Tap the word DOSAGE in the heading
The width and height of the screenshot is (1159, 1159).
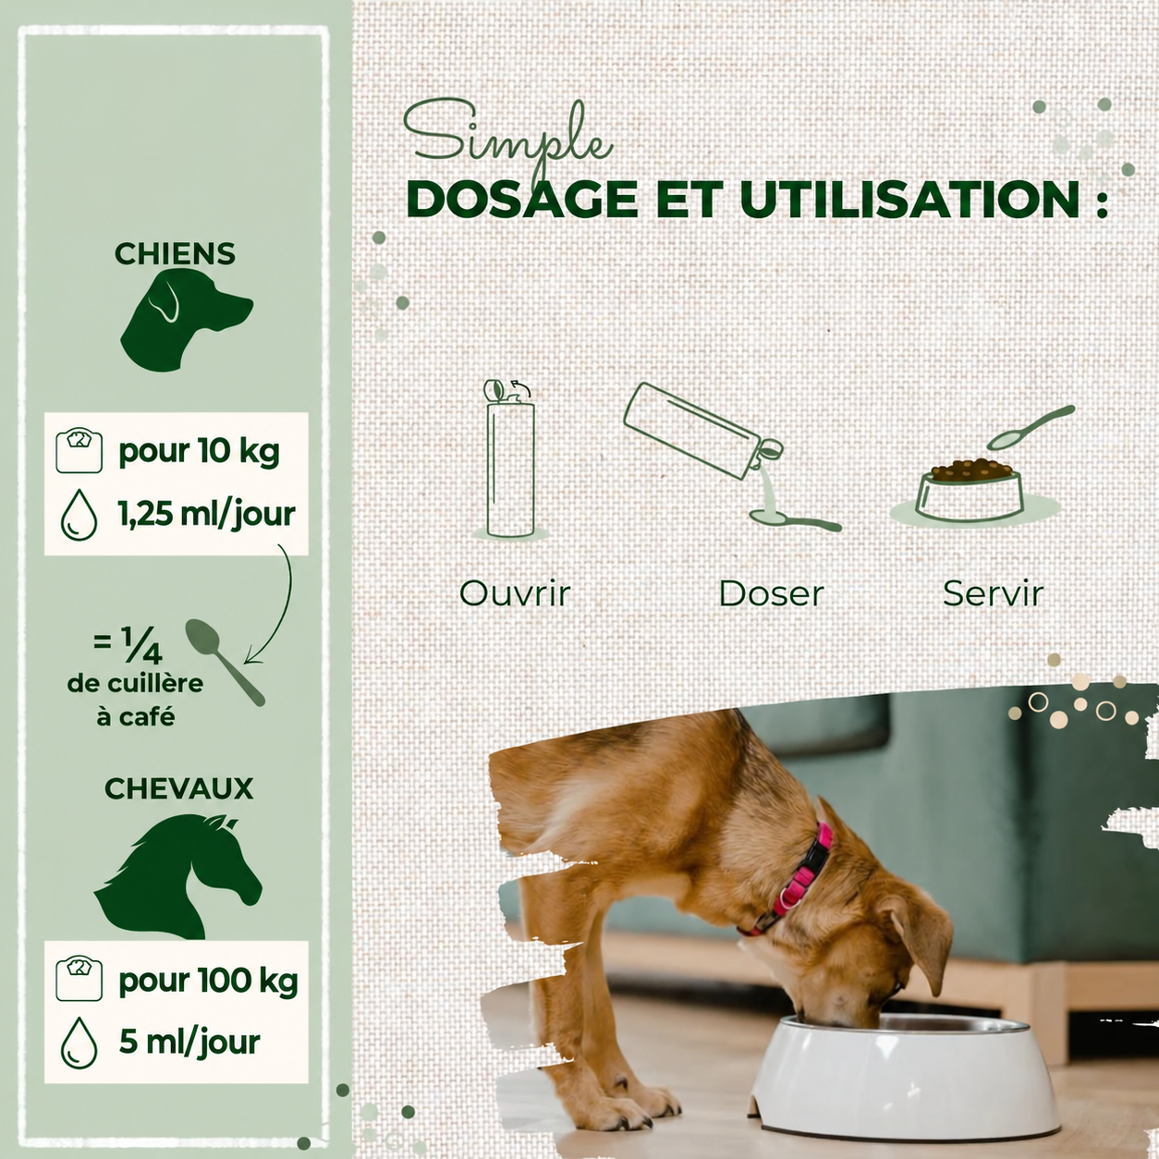[522, 199]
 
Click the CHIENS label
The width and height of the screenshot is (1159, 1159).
[175, 254]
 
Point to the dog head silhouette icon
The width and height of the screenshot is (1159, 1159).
[185, 320]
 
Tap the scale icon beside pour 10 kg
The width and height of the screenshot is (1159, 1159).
[79, 450]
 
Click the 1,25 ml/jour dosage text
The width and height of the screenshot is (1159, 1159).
[207, 514]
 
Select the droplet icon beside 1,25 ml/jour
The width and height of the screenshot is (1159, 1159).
[79, 514]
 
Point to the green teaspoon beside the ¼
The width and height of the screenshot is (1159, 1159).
[224, 661]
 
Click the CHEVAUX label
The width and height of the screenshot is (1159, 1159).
[178, 789]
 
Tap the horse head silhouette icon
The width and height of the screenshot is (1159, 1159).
[178, 875]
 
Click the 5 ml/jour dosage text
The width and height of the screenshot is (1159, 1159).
[189, 1043]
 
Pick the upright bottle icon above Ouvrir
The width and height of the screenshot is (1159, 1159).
[510, 458]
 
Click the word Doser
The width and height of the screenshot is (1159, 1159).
[771, 593]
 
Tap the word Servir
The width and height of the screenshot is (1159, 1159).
[994, 593]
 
